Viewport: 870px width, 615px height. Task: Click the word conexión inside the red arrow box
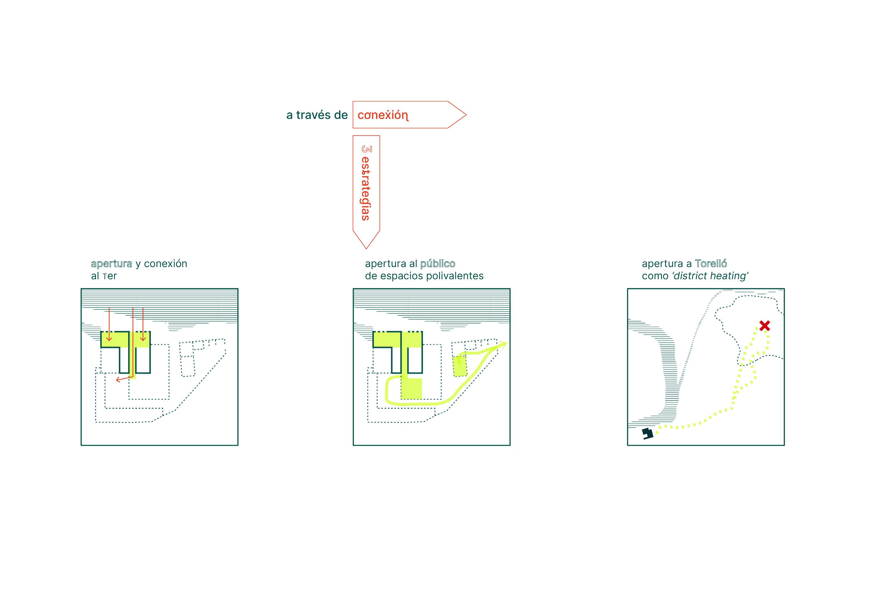tap(383, 115)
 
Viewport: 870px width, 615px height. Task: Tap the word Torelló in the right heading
tap(711, 264)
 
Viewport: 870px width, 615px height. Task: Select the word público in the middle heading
tap(438, 264)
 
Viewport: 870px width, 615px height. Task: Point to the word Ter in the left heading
tap(110, 276)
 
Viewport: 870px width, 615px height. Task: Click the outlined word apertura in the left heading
tap(111, 264)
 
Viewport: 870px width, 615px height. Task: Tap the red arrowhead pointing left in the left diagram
tap(118, 380)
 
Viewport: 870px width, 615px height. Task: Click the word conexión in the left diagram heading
tap(166, 264)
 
